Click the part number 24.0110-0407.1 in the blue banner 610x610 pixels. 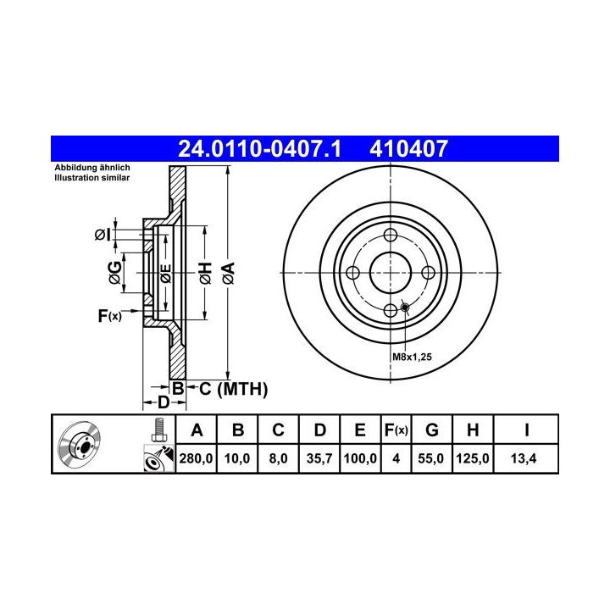click(259, 149)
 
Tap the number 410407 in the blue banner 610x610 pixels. click(408, 149)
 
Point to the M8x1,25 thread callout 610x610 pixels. click(412, 357)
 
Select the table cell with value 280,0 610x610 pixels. click(196, 458)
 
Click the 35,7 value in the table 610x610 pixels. click(319, 458)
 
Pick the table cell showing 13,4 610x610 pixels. click(524, 458)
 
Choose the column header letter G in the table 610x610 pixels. click(432, 430)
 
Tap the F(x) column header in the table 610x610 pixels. click(396, 430)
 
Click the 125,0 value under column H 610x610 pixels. click(472, 458)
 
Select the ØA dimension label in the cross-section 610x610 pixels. click(229, 273)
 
